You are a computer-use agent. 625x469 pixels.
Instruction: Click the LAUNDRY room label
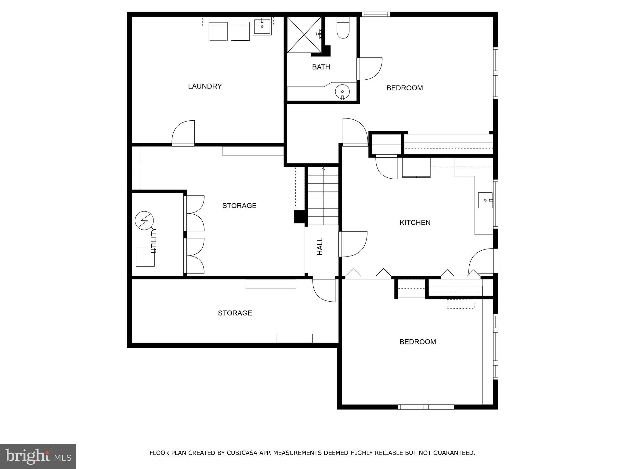(x=205, y=86)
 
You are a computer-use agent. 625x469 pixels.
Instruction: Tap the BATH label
(x=321, y=67)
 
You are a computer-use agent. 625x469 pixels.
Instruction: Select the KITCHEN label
(x=415, y=223)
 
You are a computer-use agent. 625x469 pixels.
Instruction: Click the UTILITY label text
(x=154, y=240)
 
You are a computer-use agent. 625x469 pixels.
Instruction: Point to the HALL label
(x=320, y=246)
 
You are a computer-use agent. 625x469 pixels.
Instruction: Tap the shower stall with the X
(x=304, y=35)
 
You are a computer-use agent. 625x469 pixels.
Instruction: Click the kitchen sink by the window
(x=485, y=200)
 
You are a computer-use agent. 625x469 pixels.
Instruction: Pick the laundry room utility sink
(x=262, y=27)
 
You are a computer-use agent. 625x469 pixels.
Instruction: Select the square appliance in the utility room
(x=145, y=257)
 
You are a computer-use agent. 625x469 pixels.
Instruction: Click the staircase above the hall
(x=323, y=195)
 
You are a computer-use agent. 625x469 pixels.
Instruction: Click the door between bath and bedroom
(x=370, y=69)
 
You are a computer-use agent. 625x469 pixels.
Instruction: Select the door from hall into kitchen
(x=353, y=244)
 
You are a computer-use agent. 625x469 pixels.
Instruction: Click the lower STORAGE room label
(x=235, y=313)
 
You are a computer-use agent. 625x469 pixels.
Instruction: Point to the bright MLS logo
(x=38, y=456)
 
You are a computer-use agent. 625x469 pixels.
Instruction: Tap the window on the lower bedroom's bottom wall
(x=426, y=407)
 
